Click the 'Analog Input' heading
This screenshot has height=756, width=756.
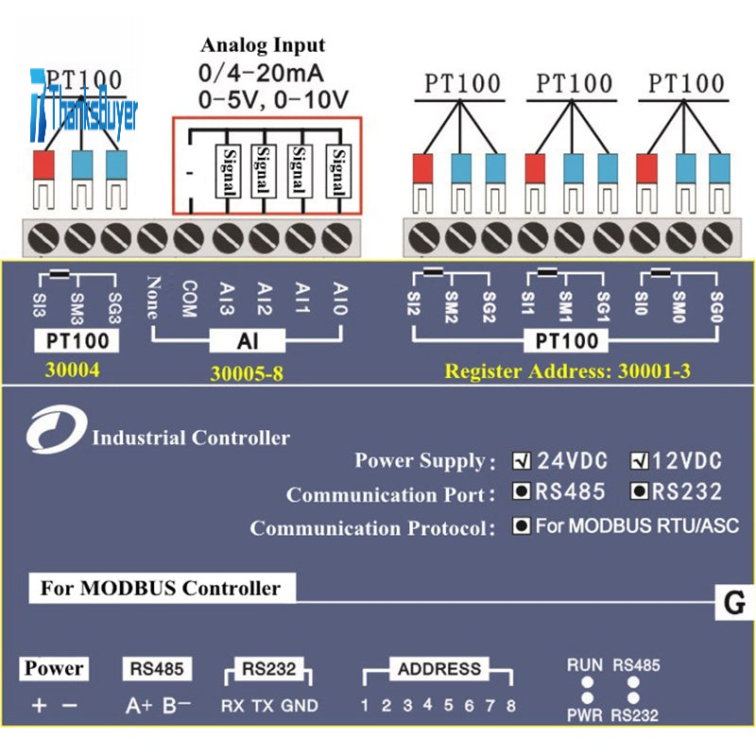point(263,45)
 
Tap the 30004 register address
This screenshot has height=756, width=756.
point(72,371)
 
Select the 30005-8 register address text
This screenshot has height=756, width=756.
point(246,374)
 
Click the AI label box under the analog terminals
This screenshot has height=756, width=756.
point(246,339)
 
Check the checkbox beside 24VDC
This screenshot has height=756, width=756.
point(521,462)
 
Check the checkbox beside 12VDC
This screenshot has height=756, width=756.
point(640,462)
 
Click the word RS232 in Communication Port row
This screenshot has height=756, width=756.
point(687,492)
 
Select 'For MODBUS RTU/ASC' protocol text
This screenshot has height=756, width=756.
point(637,525)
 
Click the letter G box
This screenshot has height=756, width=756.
point(734,602)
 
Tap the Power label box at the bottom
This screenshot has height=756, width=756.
point(54,669)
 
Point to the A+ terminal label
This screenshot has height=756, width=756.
point(139,705)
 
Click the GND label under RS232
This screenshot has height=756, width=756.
point(301,706)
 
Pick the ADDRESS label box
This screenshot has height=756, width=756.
point(439,669)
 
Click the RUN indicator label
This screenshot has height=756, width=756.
point(585,664)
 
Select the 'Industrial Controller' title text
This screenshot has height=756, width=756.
point(191,438)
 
